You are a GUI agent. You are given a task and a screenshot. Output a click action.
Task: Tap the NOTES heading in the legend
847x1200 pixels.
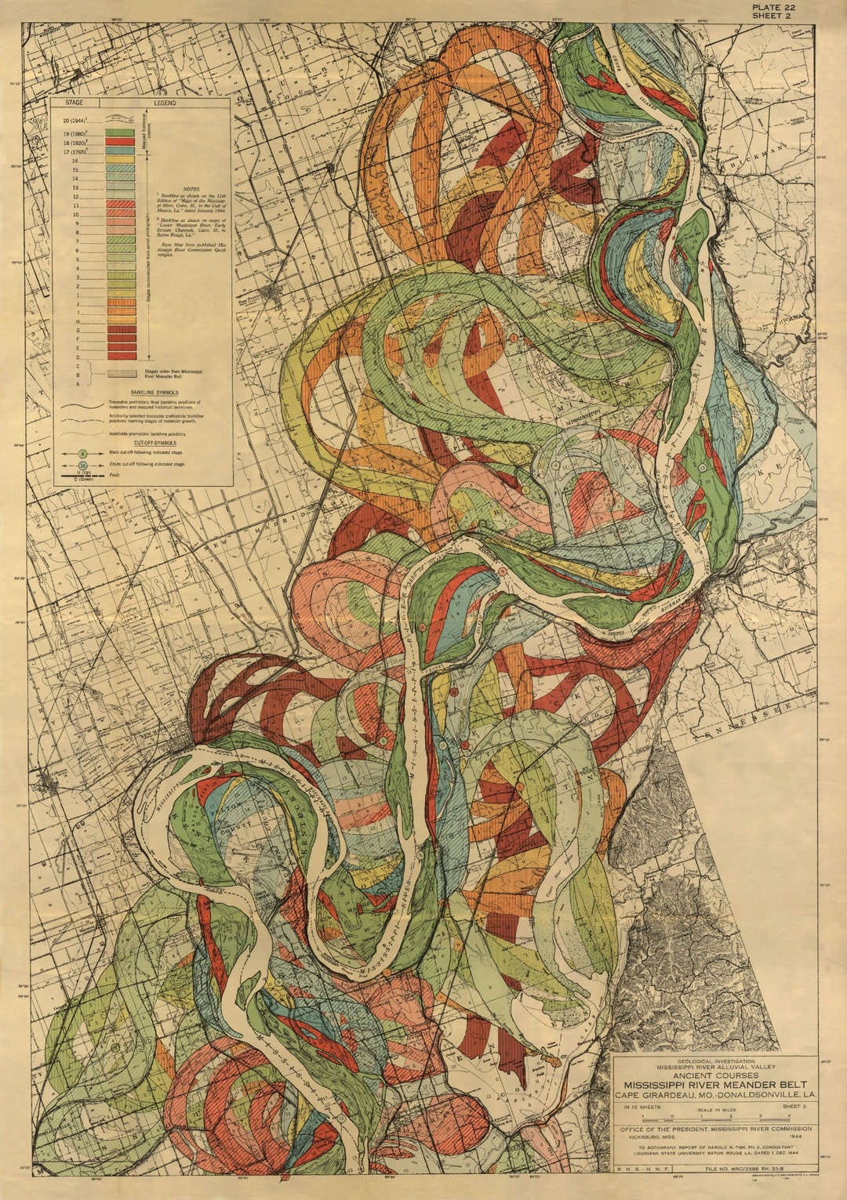click(191, 189)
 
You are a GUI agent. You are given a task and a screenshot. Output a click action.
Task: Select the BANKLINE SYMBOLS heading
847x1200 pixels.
click(142, 391)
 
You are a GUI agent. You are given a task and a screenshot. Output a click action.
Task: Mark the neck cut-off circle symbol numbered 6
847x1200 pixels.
click(82, 454)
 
